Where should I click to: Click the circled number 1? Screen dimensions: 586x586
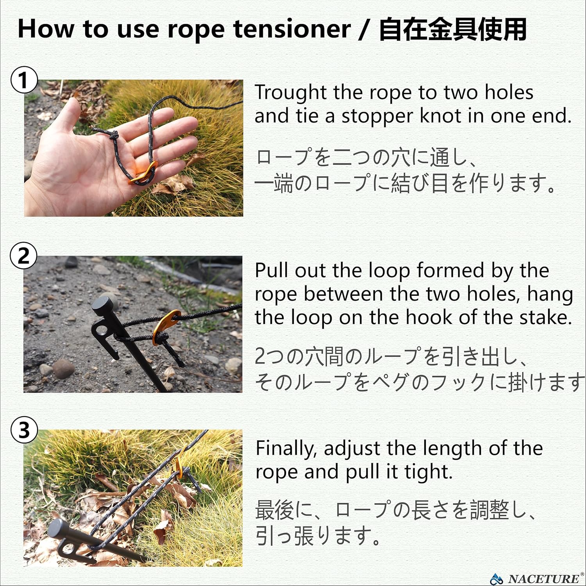[x=24, y=80]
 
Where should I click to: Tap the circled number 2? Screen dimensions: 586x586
[x=24, y=256]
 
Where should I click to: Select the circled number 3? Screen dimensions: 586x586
[x=24, y=430]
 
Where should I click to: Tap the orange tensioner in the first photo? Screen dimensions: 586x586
[x=143, y=173]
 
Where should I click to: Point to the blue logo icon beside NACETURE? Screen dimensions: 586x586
[x=497, y=578]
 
